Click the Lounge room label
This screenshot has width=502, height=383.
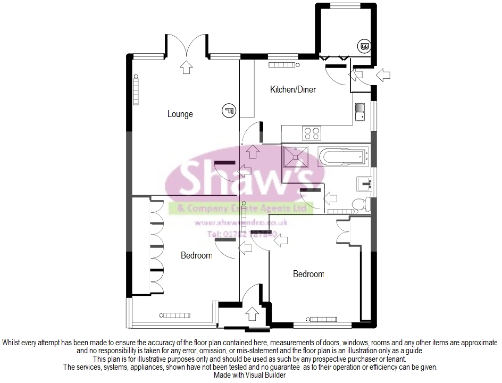point(180,114)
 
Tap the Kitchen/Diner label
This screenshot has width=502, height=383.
point(292,89)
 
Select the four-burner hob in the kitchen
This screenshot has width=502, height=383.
point(311,133)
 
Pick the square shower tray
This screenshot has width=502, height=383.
point(295,156)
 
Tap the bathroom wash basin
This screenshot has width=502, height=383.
point(364,184)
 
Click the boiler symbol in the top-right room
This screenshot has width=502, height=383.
point(365,46)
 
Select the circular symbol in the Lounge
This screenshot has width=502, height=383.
point(229,111)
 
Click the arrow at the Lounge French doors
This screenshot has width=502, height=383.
point(186,66)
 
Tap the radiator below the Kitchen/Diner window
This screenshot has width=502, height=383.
point(285,65)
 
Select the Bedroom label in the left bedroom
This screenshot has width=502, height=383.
point(196,256)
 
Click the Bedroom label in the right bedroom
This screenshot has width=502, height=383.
point(308,274)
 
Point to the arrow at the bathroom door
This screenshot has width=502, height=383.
point(330,199)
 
